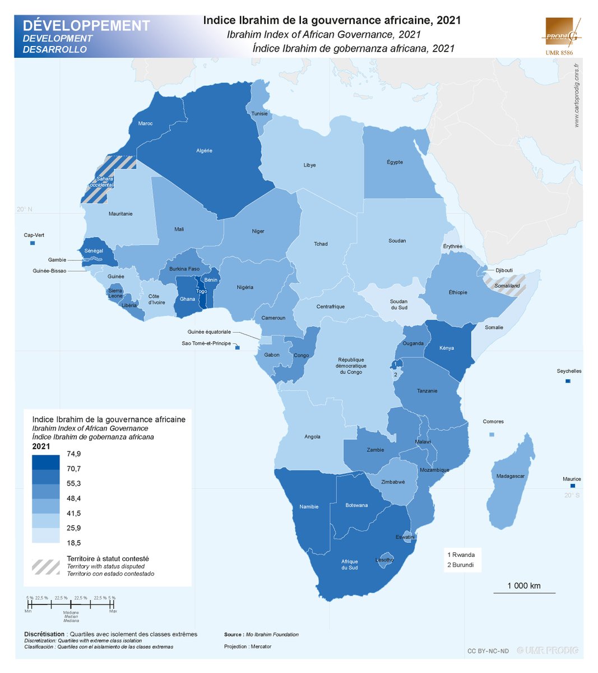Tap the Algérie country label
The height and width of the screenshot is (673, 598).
[204, 151]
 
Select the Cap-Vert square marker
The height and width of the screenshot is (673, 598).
[33, 243]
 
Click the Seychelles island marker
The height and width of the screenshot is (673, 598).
[568, 381]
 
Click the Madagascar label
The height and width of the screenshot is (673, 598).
[510, 476]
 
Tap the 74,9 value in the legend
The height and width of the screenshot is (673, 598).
[74, 454]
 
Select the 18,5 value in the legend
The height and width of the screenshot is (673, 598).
[74, 543]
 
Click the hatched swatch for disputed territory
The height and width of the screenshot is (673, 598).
[45, 566]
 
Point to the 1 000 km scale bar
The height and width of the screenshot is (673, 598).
[524, 592]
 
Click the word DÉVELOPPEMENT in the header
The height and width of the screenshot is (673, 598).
[86, 26]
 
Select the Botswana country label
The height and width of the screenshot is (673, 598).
[356, 505]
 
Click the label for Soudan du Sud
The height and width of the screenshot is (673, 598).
[398, 305]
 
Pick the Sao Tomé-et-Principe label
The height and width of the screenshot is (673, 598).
[206, 343]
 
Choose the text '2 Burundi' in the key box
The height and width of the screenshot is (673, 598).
[460, 565]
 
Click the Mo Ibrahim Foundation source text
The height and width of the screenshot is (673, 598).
[272, 634]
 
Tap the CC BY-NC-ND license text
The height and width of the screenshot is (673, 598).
[488, 651]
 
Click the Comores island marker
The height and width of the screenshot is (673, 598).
[492, 435]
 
